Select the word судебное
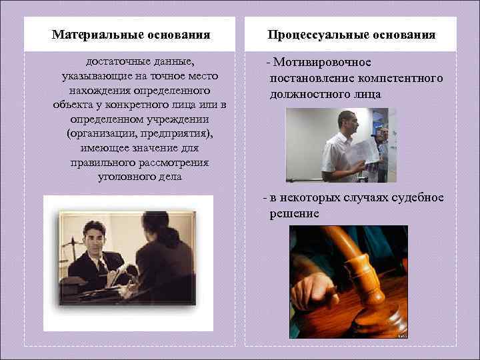415,198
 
